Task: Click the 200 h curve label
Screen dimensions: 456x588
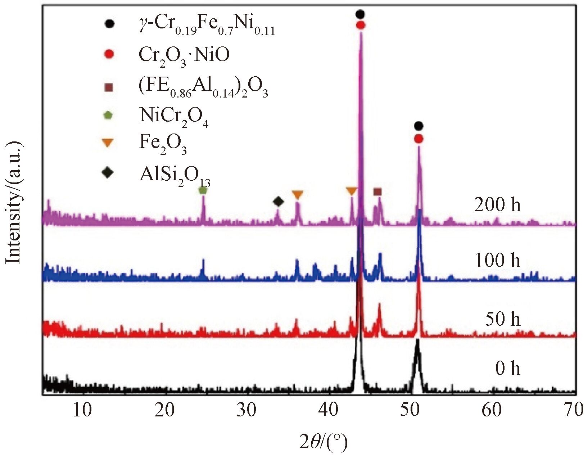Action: coord(497,205)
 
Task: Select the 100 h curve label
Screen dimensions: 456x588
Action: coord(498,260)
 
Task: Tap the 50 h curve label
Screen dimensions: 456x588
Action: coord(502,319)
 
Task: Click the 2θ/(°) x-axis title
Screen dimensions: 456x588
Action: coord(324,442)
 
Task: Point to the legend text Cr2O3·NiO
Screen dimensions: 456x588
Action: coord(184,56)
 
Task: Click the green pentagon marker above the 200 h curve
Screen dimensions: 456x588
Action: coord(203,190)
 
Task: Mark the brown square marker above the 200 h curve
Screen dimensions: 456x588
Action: coord(377,191)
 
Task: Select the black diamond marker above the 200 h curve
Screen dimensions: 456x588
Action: coord(278,202)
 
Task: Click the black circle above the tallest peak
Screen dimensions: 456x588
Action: coord(360,14)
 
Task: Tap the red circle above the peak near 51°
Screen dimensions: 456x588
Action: coord(418,139)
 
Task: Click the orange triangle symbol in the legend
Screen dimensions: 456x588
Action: coord(108,143)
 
